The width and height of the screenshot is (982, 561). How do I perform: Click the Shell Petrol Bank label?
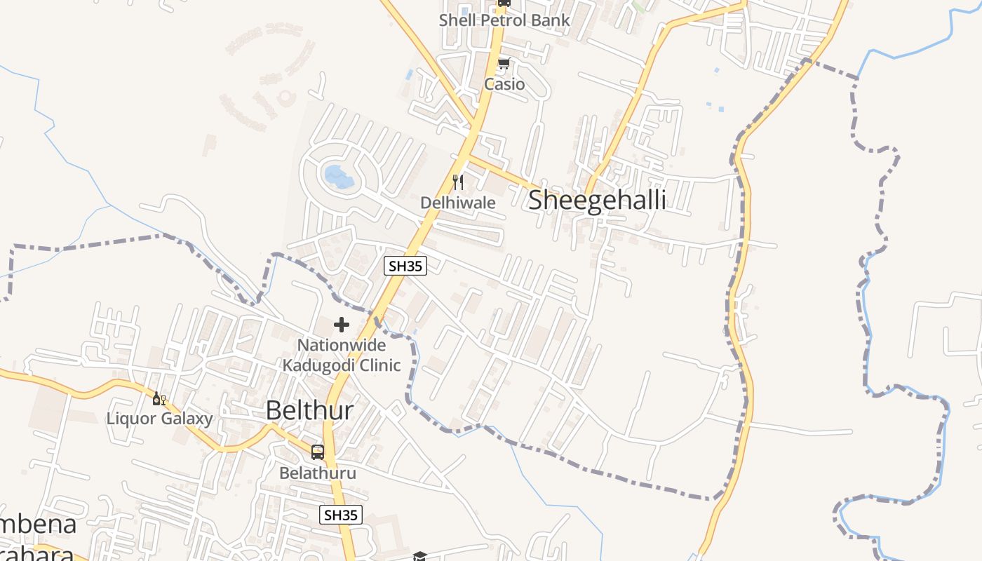point(504,20)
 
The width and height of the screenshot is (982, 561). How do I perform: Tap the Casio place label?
point(504,84)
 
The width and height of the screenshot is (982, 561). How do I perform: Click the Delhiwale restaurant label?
point(458,203)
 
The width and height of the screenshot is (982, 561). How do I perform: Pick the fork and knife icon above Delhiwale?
point(458,183)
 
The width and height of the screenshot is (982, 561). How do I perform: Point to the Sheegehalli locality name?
point(597,200)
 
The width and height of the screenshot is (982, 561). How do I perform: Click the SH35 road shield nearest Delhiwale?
point(405,265)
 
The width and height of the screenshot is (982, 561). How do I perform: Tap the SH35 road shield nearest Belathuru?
point(341,515)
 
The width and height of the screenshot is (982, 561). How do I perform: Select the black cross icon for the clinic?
point(342,325)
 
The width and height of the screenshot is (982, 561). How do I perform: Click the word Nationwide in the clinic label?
point(342,345)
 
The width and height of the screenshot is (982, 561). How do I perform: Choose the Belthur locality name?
point(309,411)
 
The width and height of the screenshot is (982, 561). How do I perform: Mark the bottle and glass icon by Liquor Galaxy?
point(159,399)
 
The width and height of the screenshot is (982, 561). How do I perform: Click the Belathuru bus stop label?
point(318,473)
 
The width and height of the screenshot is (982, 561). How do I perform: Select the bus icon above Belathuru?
point(318,452)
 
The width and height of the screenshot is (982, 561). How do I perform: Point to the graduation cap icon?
point(419,556)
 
